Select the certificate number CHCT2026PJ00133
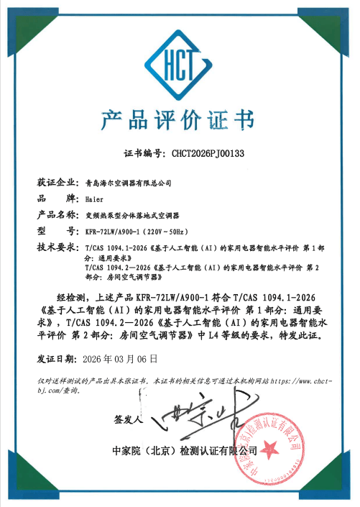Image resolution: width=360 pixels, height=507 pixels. coord(208,153)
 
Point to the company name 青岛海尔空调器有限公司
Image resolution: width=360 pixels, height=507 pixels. coord(128,183)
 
